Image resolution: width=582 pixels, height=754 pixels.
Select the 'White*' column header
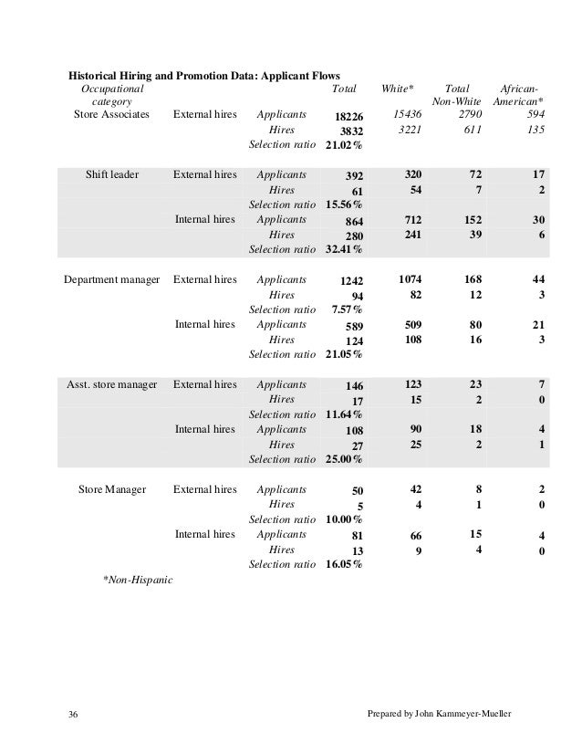[398, 89]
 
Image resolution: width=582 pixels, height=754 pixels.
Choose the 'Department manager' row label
[111, 278]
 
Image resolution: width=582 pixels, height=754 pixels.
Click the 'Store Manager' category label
[112, 489]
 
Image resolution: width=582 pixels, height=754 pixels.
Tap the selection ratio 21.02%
[344, 145]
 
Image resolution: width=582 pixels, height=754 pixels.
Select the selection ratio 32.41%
[344, 249]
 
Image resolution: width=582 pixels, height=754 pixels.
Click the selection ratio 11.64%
[344, 414]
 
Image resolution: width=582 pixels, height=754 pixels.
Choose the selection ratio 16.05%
[344, 564]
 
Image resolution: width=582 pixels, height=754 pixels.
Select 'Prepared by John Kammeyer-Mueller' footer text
[437, 711]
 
